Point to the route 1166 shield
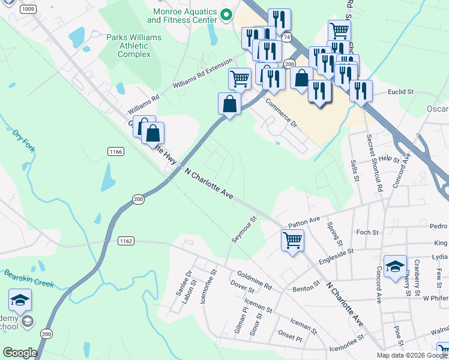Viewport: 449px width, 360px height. tap(116, 152)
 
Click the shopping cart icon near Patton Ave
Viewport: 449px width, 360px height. tap(292, 240)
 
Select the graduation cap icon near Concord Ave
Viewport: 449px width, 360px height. tap(396, 267)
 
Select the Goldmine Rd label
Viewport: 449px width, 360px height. tap(255, 278)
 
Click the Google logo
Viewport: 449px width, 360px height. tap(20, 353)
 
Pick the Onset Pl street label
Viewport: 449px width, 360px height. tap(290, 338)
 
